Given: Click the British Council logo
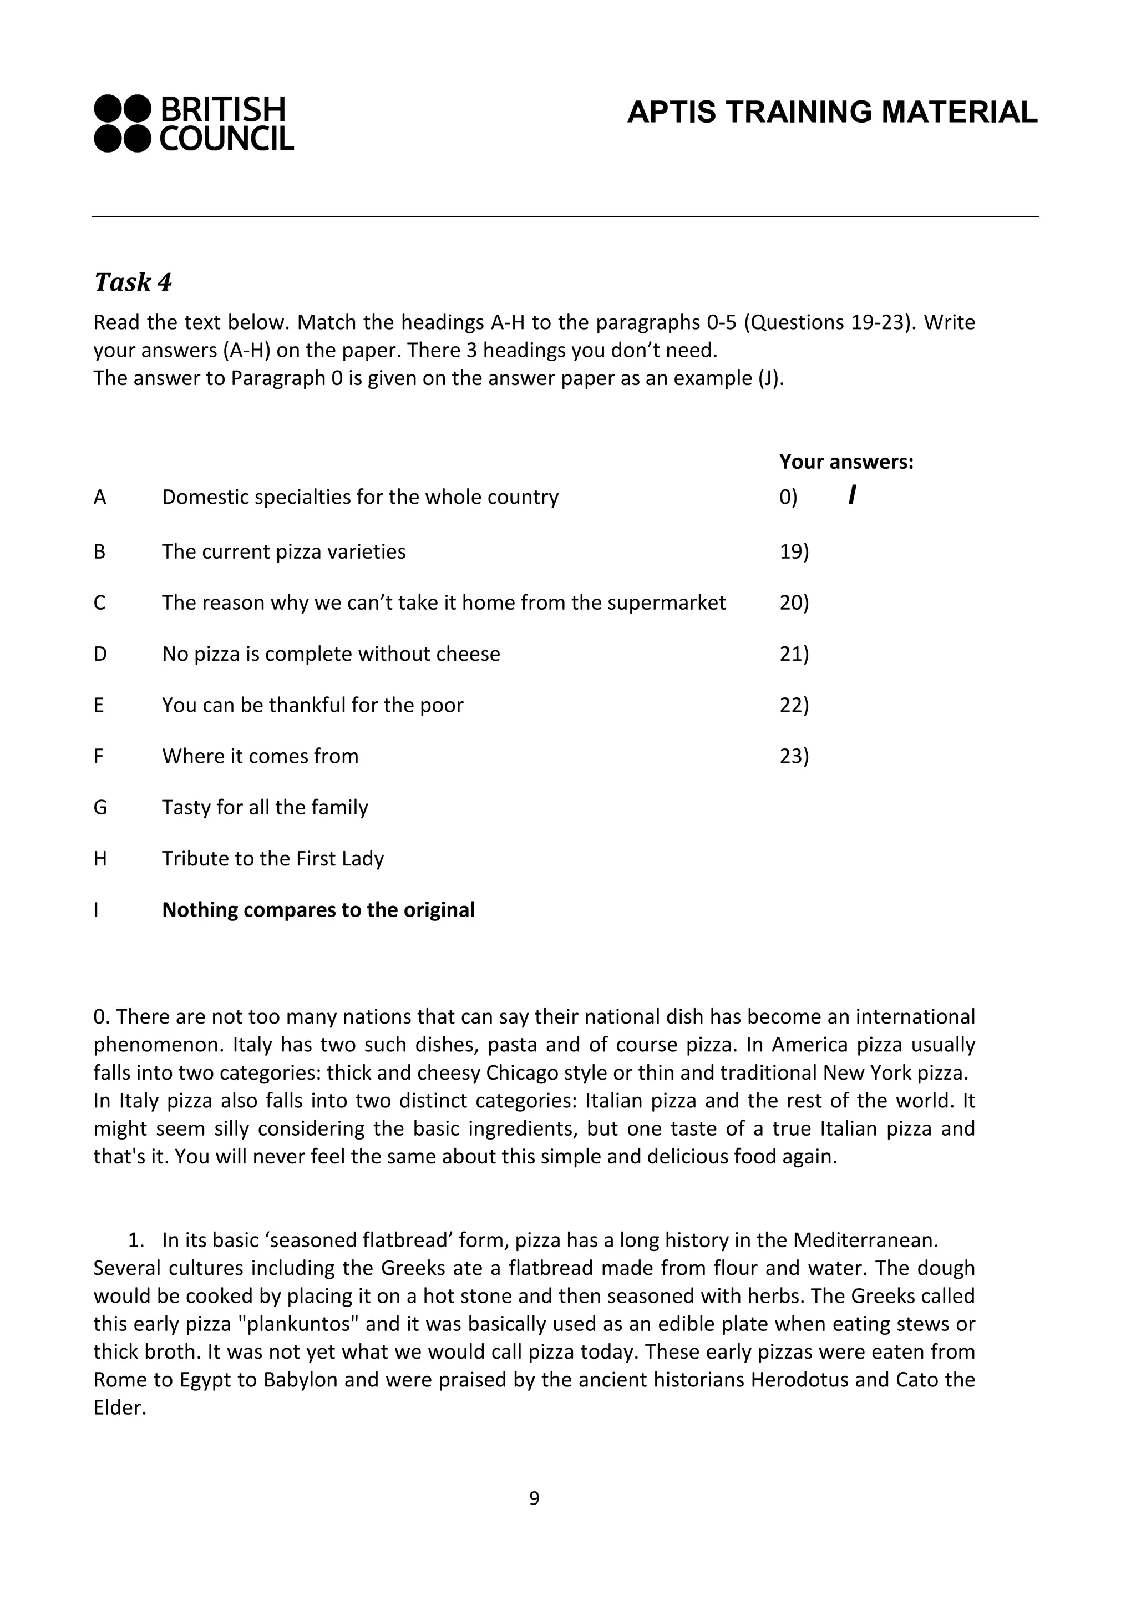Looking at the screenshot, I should [194, 123].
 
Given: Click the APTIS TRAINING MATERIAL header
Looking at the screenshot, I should [831, 113].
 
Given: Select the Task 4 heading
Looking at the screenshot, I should [133, 282].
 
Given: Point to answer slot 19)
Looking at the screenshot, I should [794, 551].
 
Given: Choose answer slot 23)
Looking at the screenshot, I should [794, 756].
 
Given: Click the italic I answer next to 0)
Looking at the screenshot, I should [852, 496].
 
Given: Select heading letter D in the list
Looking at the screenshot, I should [100, 654].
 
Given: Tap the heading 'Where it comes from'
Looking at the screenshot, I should [260, 756].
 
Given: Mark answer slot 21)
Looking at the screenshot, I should [794, 654].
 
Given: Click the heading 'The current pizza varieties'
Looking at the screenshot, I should [284, 551].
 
